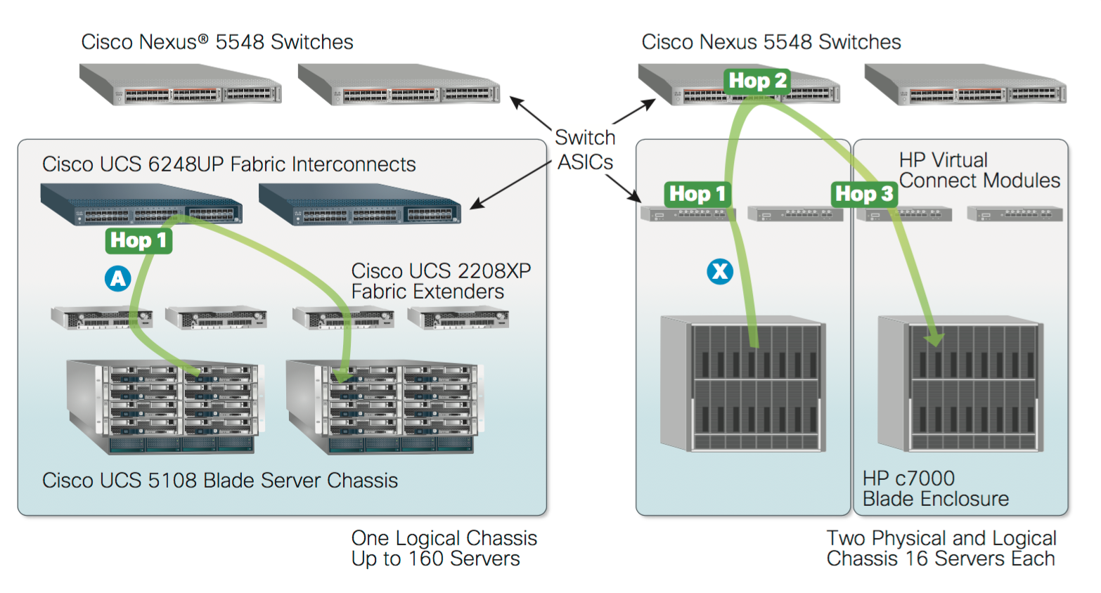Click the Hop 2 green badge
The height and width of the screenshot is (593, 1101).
pos(757,81)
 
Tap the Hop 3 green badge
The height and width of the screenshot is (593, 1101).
pos(864,193)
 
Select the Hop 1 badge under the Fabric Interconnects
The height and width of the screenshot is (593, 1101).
pos(139,240)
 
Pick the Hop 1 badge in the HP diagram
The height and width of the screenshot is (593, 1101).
pos(697,193)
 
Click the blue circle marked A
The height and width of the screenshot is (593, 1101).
pos(117,278)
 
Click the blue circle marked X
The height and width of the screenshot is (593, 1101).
pos(719,271)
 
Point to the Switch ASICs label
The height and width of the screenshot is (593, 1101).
pos(585,150)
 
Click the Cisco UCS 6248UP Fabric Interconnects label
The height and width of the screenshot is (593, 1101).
pos(228,164)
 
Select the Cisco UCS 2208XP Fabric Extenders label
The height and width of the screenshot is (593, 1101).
pos(441,281)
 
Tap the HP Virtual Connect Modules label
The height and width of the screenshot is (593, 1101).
pos(979,170)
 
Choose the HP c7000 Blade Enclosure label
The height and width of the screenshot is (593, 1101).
pos(935,488)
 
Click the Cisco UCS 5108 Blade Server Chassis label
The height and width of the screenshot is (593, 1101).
pos(220,481)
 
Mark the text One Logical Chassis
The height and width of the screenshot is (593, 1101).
pos(444,538)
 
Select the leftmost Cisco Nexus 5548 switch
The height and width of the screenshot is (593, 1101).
pos(181,85)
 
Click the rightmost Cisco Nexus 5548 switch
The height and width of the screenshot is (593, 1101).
pos(965,85)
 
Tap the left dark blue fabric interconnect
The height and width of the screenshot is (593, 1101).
pos(141,204)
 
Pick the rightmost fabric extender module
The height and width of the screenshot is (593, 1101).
pos(458,318)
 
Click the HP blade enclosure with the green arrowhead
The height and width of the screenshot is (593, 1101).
pos(960,384)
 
